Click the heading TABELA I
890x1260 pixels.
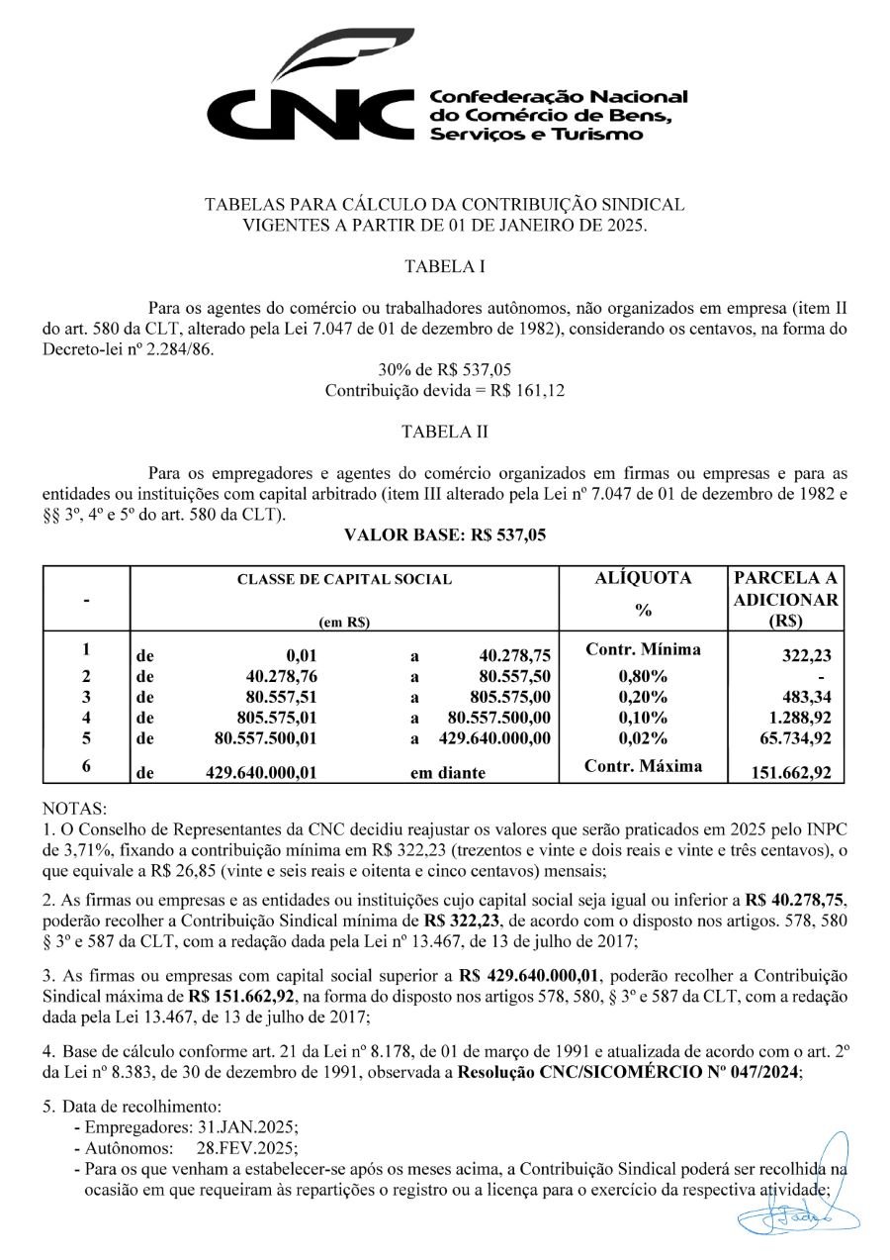pyautogui.click(x=444, y=266)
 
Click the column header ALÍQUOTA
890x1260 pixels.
pyautogui.click(x=643, y=578)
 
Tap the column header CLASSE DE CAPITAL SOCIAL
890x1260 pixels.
pyautogui.click(x=344, y=579)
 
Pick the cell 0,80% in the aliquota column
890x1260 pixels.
pyautogui.click(x=643, y=677)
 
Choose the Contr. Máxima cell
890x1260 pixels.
pyautogui.click(x=643, y=765)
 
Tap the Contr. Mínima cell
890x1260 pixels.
pyautogui.click(x=643, y=650)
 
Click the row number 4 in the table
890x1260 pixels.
pyautogui.click(x=86, y=717)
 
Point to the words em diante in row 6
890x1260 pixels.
pyautogui.click(x=448, y=773)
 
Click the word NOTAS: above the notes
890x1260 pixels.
pyautogui.click(x=76, y=808)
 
